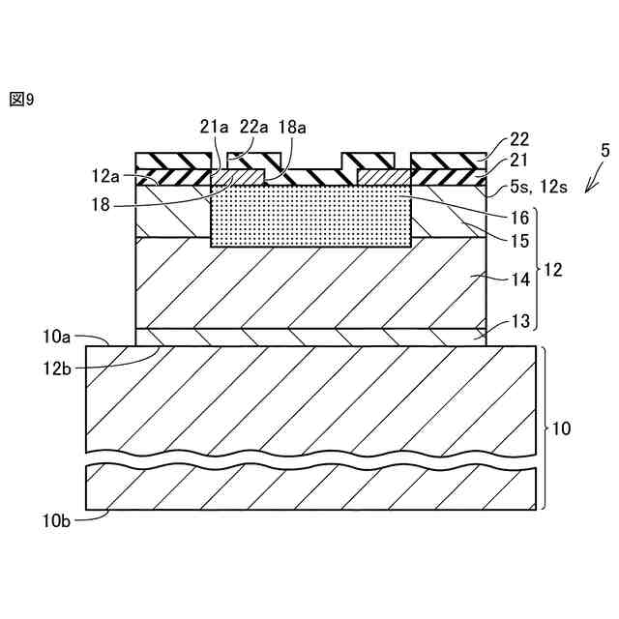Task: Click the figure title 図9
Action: [x=21, y=99]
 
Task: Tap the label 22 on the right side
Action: [x=519, y=140]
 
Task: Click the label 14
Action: [x=519, y=279]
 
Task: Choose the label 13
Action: [x=519, y=324]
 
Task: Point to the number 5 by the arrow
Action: [x=604, y=151]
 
